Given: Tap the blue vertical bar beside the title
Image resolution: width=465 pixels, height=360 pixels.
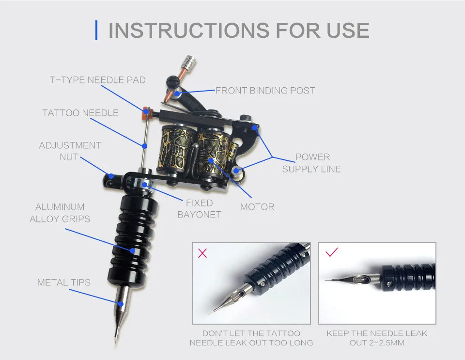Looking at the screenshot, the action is tap(96, 30).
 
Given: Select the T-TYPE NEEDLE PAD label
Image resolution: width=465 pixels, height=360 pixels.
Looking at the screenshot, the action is tap(98, 80).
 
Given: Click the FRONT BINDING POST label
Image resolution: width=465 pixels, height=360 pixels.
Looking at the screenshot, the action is tap(265, 91).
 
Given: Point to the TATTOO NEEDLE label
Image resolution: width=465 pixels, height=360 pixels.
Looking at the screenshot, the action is tap(80, 113).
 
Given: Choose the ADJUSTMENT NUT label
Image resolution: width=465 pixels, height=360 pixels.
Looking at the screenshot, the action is tap(70, 151).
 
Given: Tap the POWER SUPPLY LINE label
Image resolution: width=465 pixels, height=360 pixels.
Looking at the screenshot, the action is tap(311, 163).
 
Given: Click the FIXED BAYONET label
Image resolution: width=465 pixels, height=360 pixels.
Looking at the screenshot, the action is tap(199, 209).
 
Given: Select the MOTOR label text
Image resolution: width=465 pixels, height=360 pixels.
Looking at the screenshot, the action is tap(257, 207).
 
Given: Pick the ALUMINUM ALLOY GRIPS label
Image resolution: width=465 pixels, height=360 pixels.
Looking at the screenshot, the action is tap(60, 213).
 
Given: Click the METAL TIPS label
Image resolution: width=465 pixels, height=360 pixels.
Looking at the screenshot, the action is tap(64, 282).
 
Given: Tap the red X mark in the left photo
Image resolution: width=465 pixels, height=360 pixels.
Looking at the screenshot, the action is tap(202, 253).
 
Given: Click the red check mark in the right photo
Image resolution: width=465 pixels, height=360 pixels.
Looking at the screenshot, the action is tap(331, 252).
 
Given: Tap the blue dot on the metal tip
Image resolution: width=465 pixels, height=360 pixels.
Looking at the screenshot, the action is tap(121, 304).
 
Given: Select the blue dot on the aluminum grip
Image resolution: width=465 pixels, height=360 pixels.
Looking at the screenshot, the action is tap(133, 250).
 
